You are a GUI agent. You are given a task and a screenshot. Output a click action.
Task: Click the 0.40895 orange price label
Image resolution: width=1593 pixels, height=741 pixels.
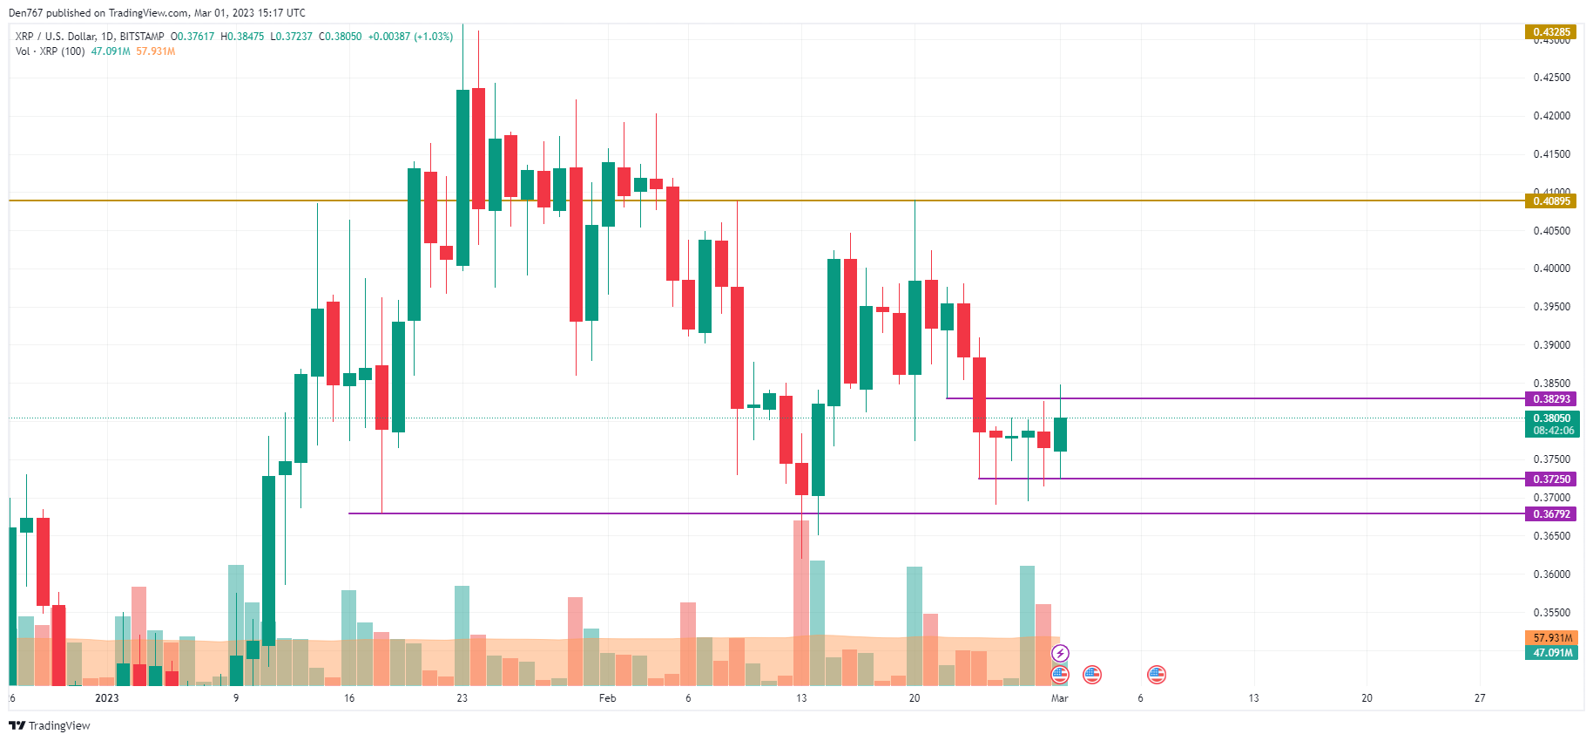[1551, 201]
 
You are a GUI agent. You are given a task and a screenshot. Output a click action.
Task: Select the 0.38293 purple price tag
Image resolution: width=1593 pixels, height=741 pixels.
[1551, 399]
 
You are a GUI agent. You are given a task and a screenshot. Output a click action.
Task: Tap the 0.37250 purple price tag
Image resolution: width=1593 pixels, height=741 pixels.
[1551, 479]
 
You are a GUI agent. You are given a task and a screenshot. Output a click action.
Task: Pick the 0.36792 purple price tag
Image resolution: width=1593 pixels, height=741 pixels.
[1551, 514]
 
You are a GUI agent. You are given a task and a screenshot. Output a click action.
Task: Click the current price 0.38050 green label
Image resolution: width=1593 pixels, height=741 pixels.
[1553, 418]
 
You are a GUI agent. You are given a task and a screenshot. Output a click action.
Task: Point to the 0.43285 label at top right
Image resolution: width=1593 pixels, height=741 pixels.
[1551, 32]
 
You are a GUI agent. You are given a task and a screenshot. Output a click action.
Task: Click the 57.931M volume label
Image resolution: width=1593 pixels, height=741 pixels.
[1552, 638]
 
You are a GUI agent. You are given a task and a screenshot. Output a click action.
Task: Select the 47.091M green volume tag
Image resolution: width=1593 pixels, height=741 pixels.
[1552, 653]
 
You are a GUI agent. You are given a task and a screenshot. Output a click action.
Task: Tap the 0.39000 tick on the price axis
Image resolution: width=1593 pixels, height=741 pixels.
[1551, 345]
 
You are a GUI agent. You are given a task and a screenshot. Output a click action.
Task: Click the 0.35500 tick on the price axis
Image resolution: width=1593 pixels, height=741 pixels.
[1551, 613]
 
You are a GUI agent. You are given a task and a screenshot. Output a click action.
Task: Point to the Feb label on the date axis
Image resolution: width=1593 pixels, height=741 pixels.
[608, 698]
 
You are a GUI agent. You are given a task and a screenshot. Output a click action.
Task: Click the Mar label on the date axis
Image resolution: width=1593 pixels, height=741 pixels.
[1059, 698]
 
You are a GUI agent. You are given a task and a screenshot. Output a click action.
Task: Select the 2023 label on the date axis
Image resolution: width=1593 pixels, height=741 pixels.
[106, 698]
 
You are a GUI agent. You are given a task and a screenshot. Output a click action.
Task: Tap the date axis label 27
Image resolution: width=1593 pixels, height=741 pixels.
[1480, 698]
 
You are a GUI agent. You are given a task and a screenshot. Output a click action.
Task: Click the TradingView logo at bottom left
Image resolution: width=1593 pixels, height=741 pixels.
[50, 725]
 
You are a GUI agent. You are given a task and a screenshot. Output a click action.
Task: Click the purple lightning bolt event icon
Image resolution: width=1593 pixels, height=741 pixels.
[1060, 653]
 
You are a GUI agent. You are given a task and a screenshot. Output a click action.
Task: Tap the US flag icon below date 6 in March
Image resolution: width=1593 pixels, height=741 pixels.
[1156, 674]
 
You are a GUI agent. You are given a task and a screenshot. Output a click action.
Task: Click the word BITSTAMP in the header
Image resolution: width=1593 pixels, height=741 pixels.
[142, 37]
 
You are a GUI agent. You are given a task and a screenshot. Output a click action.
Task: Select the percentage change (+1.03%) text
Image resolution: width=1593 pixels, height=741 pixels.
[433, 37]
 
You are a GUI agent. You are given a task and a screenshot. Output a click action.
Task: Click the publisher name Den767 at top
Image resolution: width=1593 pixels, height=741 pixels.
[25, 13]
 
